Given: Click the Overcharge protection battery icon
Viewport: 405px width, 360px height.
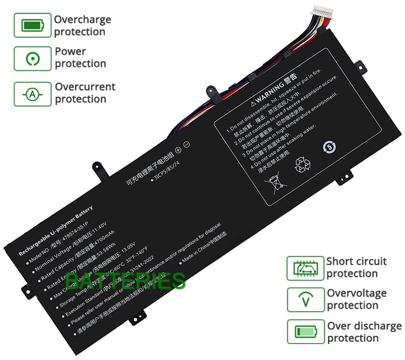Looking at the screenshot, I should coord(32,25).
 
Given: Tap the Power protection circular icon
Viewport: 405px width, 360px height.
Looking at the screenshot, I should coord(32,58).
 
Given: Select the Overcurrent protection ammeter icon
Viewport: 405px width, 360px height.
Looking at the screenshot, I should coord(32,94).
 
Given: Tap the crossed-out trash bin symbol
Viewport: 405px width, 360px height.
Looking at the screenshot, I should coord(277,185).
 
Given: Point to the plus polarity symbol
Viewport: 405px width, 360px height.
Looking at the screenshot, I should coord(177,148).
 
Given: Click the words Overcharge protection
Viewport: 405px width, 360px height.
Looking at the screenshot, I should coord(82,26).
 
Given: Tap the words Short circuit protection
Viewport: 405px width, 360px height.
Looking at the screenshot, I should coord(356,267).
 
